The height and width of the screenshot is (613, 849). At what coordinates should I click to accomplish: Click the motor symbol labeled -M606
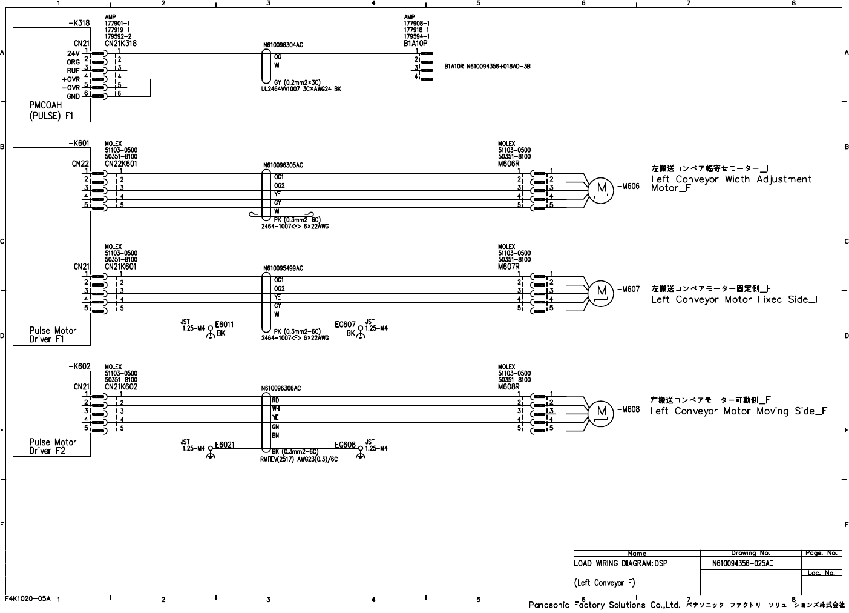pos(601,189)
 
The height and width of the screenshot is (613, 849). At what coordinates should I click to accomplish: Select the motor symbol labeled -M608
pos(601,411)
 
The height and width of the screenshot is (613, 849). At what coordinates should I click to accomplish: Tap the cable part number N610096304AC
pos(283,45)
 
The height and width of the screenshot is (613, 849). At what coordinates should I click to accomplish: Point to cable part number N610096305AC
pos(283,165)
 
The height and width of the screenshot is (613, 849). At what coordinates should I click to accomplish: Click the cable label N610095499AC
pos(283,268)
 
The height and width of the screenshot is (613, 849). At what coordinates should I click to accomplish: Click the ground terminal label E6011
pos(225,325)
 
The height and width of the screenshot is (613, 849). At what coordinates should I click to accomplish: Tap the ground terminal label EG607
pos(346,325)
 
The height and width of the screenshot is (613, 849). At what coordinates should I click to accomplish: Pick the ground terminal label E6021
pos(225,445)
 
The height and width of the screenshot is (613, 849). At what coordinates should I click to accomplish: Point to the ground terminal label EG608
pos(346,445)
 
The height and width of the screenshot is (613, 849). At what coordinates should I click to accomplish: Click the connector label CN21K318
pos(120,44)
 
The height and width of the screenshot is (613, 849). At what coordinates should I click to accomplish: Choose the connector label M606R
pos(509,164)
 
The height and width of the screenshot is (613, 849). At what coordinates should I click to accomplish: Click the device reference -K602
pos(79,366)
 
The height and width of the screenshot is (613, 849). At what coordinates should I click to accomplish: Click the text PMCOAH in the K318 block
pos(45,106)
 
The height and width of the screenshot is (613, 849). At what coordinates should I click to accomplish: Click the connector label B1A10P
pos(416,44)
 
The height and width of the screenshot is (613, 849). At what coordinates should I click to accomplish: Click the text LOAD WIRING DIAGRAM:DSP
pos(620,563)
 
